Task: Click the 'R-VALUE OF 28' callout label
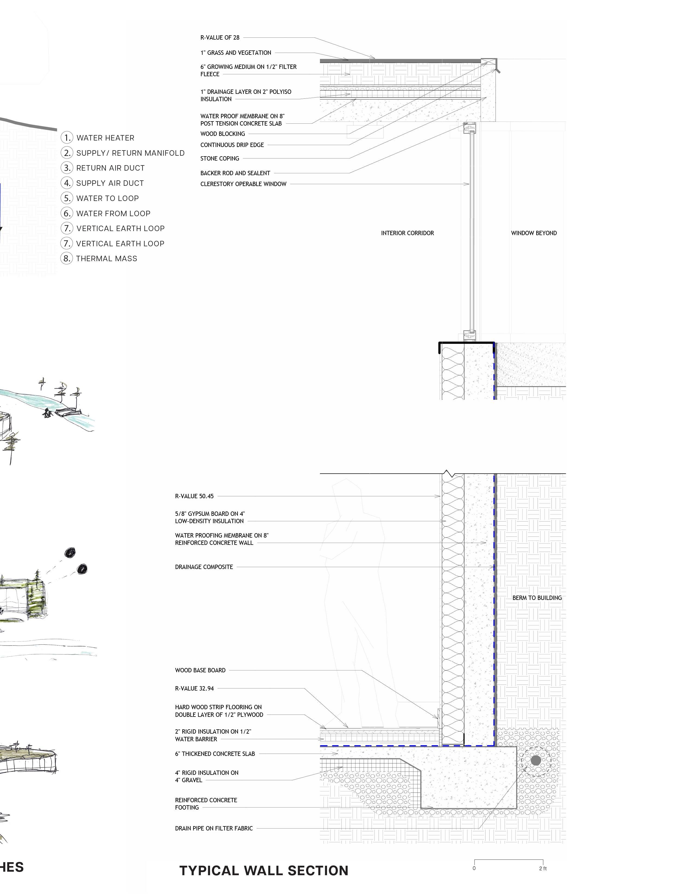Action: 220,38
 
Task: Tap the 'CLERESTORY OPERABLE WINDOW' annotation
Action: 243,184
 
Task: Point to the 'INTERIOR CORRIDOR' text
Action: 407,233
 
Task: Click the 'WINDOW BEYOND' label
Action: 533,233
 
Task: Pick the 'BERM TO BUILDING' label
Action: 537,598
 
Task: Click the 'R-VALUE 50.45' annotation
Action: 194,496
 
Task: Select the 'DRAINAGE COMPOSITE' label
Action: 204,567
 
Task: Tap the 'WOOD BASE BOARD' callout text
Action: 200,670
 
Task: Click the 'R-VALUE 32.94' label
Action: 194,688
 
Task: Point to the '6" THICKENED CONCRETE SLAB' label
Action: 215,754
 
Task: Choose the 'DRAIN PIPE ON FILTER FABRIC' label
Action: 214,828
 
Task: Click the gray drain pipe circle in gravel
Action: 535,760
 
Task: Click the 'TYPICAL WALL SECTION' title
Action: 264,870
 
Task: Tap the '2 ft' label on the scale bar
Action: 543,868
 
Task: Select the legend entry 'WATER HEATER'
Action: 105,138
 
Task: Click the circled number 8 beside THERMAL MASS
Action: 67,258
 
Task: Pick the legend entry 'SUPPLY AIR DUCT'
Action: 110,183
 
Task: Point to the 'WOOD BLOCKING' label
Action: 223,134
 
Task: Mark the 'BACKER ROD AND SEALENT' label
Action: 235,173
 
